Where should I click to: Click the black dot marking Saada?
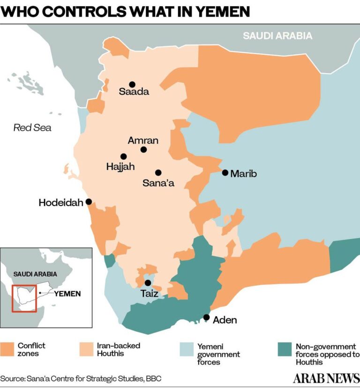point(132,84)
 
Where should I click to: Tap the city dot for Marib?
point(225,173)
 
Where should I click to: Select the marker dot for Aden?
point(206,317)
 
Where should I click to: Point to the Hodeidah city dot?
point(89,202)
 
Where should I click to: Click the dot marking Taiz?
point(148,283)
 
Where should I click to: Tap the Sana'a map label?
point(158,183)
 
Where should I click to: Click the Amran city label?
point(143,140)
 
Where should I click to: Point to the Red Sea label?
point(32,127)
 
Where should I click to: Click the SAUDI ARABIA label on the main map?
point(277,36)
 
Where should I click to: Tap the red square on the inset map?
point(24,298)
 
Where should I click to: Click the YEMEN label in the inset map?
point(67,294)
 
